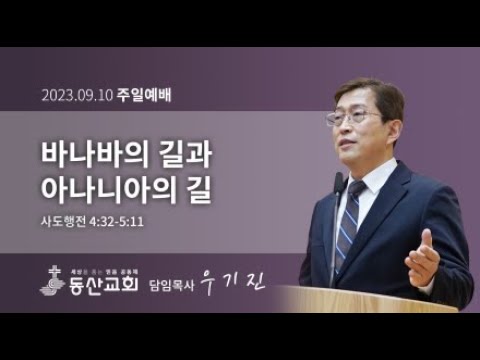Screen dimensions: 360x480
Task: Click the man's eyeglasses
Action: (352, 118)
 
